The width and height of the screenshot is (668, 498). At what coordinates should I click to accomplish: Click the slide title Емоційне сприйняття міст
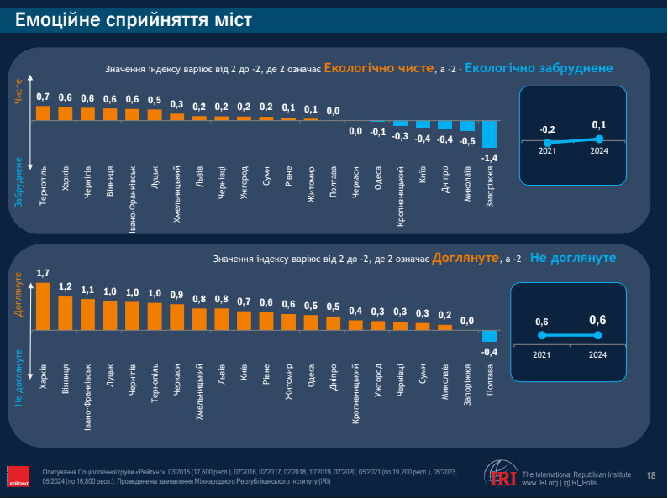[x=134, y=18]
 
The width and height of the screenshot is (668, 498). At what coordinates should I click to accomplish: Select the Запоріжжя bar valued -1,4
[x=489, y=134]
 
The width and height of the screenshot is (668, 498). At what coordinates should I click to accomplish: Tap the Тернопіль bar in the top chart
[x=43, y=113]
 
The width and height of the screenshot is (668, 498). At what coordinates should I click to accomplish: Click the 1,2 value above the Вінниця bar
[x=66, y=286]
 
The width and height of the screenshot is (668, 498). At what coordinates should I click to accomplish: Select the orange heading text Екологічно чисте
[x=379, y=68]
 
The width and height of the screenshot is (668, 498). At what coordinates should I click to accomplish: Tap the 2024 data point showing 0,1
[x=598, y=138]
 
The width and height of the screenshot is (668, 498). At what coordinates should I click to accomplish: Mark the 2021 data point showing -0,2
[x=548, y=143]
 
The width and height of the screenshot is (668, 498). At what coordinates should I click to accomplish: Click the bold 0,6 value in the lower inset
[x=597, y=320]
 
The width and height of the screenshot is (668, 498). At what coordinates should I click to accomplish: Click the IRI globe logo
[x=502, y=474]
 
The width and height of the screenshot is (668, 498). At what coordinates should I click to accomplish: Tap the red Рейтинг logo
[x=18, y=476]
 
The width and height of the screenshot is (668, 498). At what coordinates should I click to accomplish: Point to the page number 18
[x=650, y=476]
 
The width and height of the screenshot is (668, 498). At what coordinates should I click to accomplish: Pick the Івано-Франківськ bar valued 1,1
[x=87, y=312]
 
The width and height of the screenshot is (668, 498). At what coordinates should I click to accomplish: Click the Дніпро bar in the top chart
[x=444, y=126]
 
